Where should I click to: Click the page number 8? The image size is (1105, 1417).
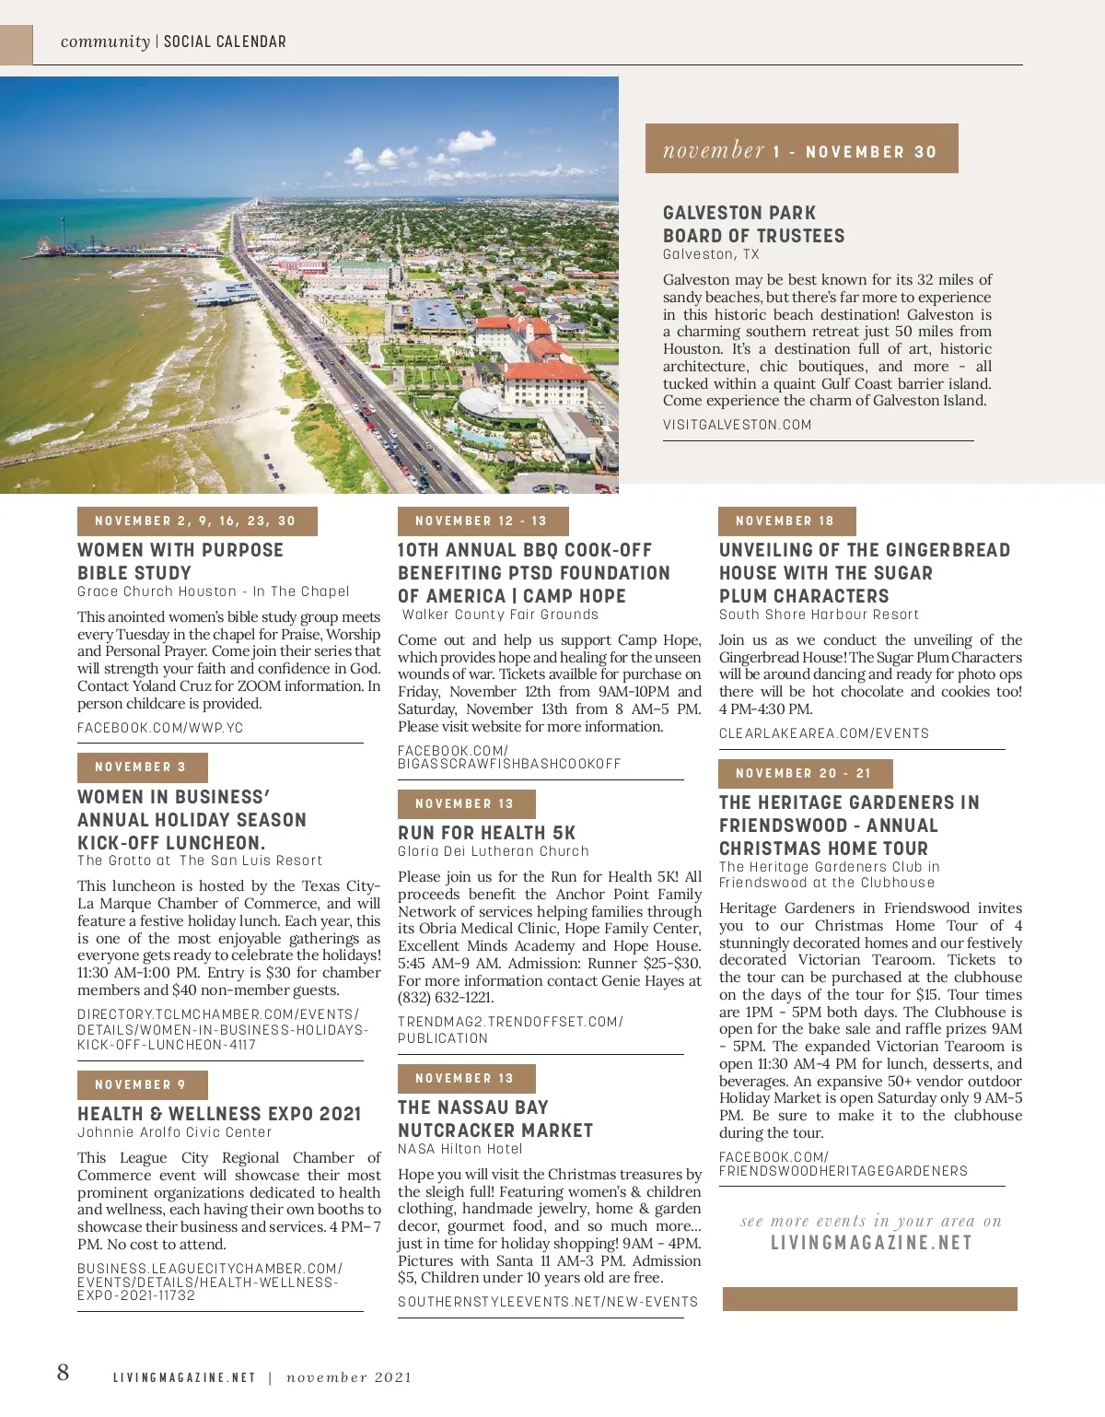pyautogui.click(x=63, y=1373)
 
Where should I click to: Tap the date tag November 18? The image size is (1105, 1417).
pyautogui.click(x=786, y=521)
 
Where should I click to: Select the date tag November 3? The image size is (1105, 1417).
pyautogui.click(x=142, y=767)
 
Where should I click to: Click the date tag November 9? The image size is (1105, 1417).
pyautogui.click(x=142, y=1084)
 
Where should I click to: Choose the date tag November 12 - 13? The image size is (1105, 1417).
pyautogui.click(x=483, y=521)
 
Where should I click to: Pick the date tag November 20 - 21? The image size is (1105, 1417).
pyautogui.click(x=805, y=774)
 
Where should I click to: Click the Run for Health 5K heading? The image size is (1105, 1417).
pyautogui.click(x=487, y=832)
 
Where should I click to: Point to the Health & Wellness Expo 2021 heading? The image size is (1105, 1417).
pyautogui.click(x=219, y=1114)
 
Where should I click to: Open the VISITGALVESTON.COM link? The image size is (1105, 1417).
pyautogui.click(x=738, y=426)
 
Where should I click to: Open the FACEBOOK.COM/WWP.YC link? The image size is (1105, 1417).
pyautogui.click(x=160, y=728)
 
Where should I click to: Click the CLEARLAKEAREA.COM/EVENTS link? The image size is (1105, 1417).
pyautogui.click(x=824, y=733)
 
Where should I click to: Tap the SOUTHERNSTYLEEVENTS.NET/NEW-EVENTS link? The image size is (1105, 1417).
pyautogui.click(x=548, y=1302)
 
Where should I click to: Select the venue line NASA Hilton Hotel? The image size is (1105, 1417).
pyautogui.click(x=460, y=1149)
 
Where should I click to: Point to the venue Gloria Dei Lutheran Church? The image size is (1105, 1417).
pyautogui.click(x=494, y=851)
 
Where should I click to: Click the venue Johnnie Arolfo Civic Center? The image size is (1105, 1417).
pyautogui.click(x=175, y=1132)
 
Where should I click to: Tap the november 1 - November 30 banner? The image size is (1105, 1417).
pyautogui.click(x=801, y=149)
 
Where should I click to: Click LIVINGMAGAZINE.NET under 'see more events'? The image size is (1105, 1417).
pyautogui.click(x=871, y=1243)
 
